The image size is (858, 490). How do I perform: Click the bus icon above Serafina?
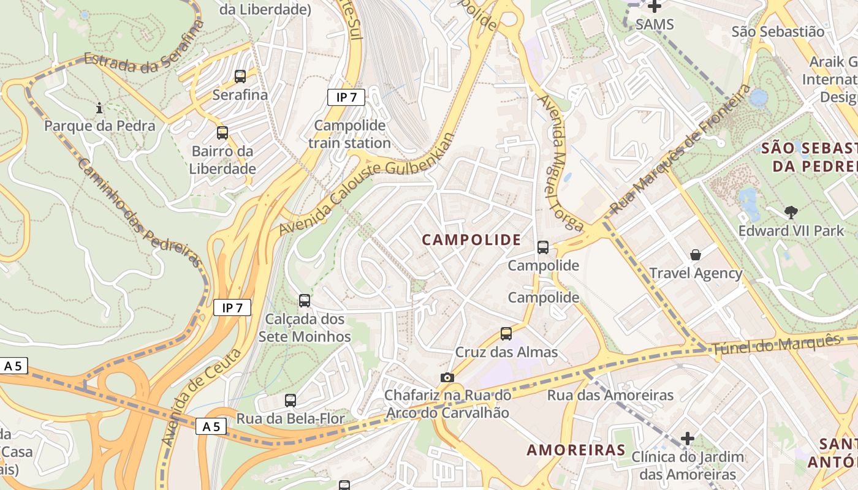(240, 77)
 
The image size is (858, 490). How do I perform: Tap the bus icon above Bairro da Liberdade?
(222, 133)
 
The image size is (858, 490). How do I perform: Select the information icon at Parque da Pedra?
(99, 108)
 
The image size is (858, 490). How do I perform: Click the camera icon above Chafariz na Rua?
(447, 377)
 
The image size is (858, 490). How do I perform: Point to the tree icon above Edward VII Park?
(791, 213)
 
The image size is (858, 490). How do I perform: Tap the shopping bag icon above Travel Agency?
(696, 254)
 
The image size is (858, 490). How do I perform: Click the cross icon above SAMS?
(655, 7)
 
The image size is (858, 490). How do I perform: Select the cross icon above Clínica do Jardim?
(688, 439)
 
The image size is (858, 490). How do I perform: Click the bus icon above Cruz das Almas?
(506, 334)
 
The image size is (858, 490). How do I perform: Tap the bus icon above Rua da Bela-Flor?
(290, 401)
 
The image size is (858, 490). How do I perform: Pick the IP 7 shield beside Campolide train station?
(346, 97)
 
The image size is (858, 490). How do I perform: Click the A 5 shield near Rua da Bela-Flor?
(211, 426)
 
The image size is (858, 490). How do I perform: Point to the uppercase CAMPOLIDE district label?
(471, 240)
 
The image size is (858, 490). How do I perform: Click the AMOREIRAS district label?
(576, 450)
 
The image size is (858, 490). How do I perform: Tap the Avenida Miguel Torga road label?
(558, 163)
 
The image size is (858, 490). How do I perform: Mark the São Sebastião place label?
(778, 31)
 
